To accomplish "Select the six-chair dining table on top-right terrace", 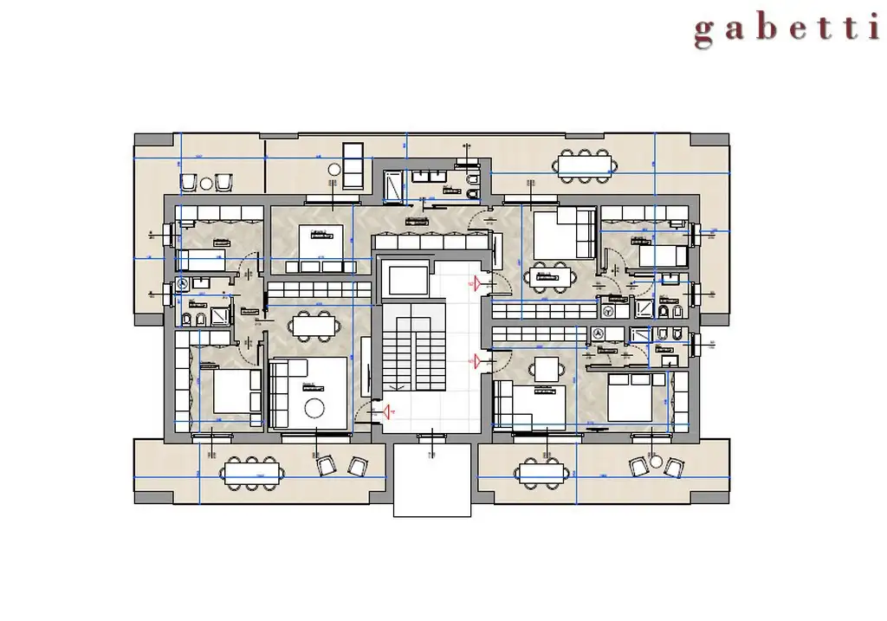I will click(x=583, y=164).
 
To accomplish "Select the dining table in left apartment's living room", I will click(x=313, y=325).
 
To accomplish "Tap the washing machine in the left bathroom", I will click(x=183, y=283).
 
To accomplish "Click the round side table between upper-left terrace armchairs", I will click(x=206, y=184).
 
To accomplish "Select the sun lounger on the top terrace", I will click(x=352, y=165).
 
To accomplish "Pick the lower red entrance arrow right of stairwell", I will click(x=475, y=359).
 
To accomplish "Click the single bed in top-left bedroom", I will click(x=200, y=258).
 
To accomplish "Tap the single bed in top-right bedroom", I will click(x=662, y=256).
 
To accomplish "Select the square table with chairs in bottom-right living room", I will click(x=547, y=368).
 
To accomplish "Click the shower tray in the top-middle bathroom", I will click(x=394, y=185).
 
